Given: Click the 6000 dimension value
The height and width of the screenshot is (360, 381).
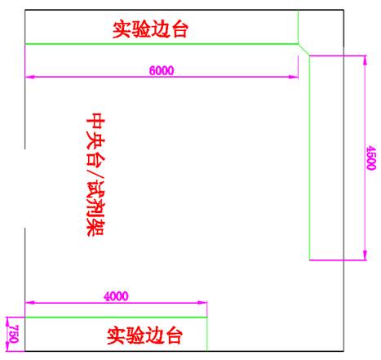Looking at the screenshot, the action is coord(162,70).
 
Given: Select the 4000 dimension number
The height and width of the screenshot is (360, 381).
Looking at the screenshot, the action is coord(116,296).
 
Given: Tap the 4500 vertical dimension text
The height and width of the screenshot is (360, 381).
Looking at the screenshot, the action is coord(371,158).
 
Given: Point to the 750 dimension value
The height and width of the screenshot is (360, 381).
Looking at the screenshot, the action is coord(14,334).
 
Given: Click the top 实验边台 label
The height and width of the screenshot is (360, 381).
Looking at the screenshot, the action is coord(150,29).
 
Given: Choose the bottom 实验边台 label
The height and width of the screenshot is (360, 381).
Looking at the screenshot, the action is coord(144,336).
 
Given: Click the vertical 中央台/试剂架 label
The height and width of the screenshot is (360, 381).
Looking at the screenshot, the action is coord(95,174).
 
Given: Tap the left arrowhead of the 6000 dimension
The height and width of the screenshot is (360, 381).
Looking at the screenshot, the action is coord(29,77).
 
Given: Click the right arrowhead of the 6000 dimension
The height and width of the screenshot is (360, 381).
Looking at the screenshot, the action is coord(294,77).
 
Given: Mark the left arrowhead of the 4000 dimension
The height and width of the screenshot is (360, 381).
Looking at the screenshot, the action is coord(29,302).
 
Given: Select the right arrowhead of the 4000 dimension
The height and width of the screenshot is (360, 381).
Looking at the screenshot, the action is coord(202,302).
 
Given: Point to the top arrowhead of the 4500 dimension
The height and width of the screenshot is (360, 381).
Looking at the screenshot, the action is coord(365,60).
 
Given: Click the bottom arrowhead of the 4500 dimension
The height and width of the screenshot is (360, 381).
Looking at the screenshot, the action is coord(365,256).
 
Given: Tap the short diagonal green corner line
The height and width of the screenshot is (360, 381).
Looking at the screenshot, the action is coord(303,50).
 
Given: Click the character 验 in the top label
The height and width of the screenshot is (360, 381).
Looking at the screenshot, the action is coord(141,29).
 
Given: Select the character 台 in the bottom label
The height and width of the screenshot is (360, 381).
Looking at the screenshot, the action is coord(174,336).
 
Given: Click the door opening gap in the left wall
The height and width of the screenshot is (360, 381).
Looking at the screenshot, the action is coord(25,189).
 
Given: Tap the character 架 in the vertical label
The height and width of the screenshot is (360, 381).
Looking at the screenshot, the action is coord(95,228).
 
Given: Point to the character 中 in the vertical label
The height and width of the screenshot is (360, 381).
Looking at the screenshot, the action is coord(95,121).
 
